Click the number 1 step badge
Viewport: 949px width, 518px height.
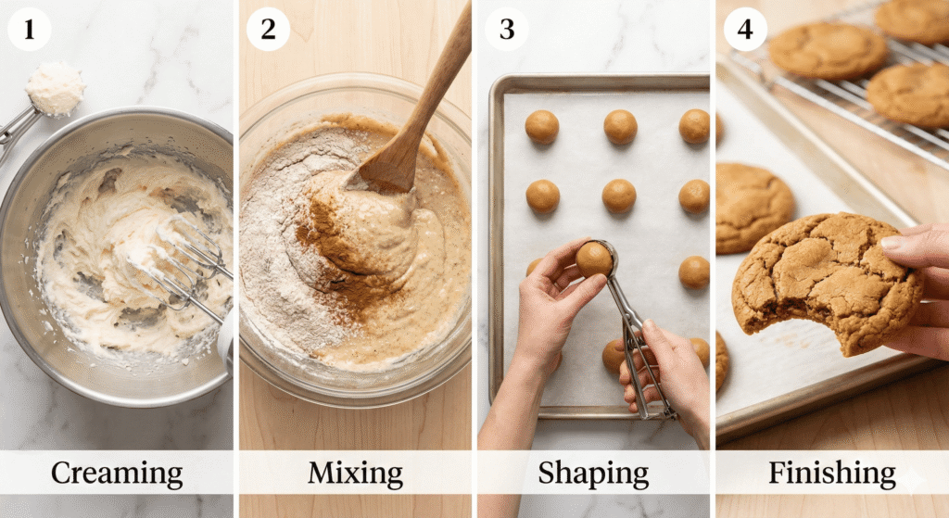(29, 29)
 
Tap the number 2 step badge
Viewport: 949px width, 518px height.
(268, 29)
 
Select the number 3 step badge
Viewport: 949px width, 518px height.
(507, 29)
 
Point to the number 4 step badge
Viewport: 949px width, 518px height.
(745, 29)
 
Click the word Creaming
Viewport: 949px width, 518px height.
(117, 474)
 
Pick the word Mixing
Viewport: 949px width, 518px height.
(355, 474)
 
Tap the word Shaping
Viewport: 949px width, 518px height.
(593, 474)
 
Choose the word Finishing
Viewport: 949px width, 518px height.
(832, 474)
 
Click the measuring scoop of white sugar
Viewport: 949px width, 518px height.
(55, 89)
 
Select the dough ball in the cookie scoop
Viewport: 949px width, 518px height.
(594, 259)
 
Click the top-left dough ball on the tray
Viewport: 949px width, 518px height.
(541, 127)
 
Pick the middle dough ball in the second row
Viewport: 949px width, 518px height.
(619, 196)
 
